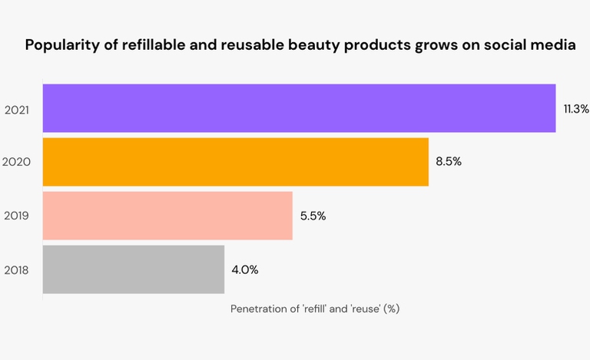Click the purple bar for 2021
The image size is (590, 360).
[x=299, y=108]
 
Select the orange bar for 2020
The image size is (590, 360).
[x=235, y=162]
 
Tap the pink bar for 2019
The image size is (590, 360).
[x=167, y=216]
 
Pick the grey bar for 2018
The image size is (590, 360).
[x=133, y=269]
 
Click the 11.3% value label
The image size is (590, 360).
[x=575, y=109]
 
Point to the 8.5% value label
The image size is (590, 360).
[x=449, y=162]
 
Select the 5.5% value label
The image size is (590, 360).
[x=313, y=216]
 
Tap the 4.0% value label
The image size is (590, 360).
[x=245, y=270]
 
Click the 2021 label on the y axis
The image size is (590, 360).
[x=16, y=110]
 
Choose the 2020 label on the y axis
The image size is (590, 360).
[x=16, y=163]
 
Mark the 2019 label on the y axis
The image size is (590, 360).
[x=16, y=216]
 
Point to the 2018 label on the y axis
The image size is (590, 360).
[x=16, y=270]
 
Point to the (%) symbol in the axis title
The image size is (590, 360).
[x=392, y=309]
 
